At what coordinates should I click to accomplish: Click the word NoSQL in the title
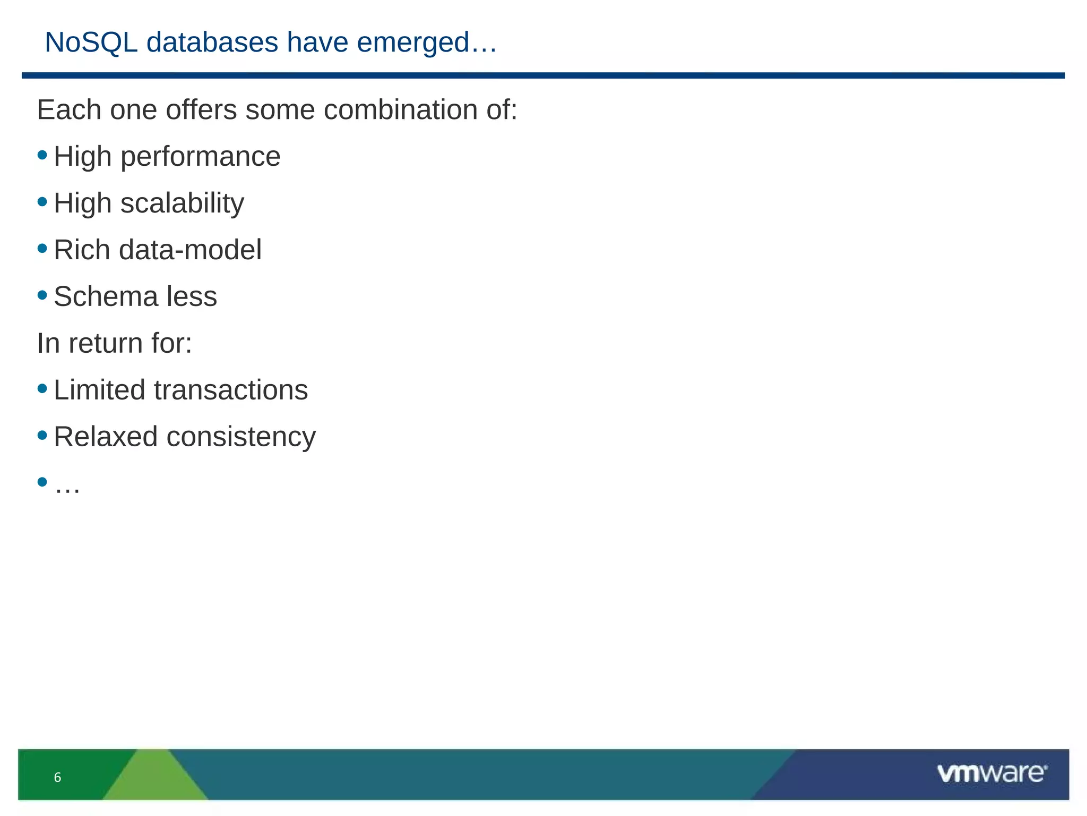pyautogui.click(x=91, y=42)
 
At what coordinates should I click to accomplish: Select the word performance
pyautogui.click(x=200, y=157)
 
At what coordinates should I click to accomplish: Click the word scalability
pyautogui.click(x=182, y=203)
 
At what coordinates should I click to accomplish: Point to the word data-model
pyautogui.click(x=190, y=250)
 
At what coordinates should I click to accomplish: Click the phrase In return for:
pyautogui.click(x=114, y=343)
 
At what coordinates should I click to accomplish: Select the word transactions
pyautogui.click(x=230, y=390)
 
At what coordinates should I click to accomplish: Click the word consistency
pyautogui.click(x=241, y=437)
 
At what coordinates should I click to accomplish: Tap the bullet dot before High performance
pyautogui.click(x=42, y=156)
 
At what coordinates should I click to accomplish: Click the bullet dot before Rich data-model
pyautogui.click(x=42, y=249)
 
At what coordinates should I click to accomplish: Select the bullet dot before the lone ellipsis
pyautogui.click(x=42, y=482)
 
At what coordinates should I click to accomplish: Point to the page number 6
pyautogui.click(x=57, y=778)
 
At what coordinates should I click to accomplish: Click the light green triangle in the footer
pyautogui.click(x=154, y=778)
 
